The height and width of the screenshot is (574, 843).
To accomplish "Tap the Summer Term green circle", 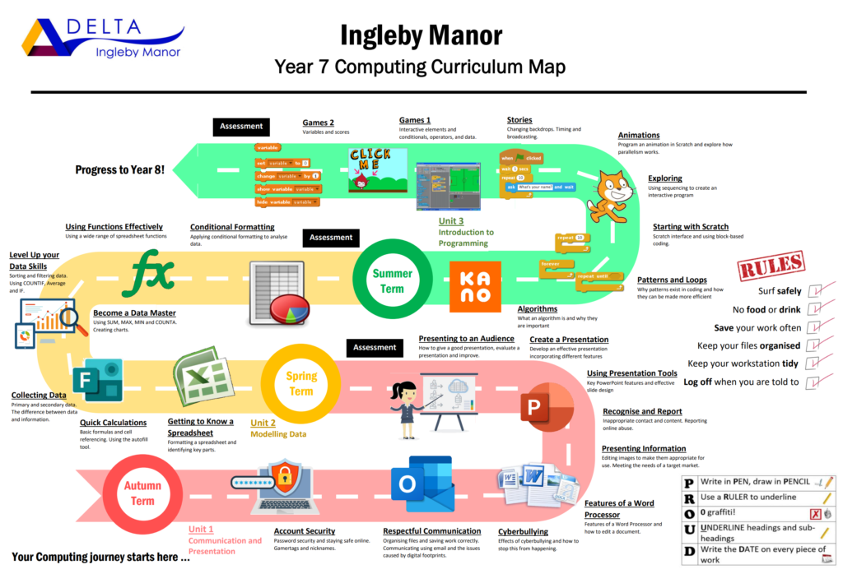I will [x=392, y=280].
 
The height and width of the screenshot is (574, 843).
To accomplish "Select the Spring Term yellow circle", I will [x=301, y=383].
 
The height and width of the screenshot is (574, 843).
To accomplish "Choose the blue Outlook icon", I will [x=421, y=485].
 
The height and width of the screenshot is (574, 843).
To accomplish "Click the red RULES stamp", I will [x=771, y=266].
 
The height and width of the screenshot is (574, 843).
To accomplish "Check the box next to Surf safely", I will [x=816, y=291].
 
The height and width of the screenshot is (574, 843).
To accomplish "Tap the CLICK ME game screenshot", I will [x=370, y=169].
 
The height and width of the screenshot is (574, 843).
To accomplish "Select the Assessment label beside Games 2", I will [x=241, y=127].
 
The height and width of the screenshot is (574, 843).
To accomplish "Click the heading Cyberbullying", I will [x=523, y=531].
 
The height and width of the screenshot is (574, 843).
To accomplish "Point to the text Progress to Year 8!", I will [x=119, y=169].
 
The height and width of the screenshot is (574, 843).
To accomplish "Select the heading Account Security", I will [x=304, y=531].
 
